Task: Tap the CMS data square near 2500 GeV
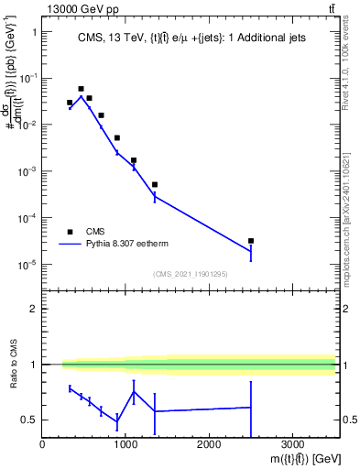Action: (251, 241)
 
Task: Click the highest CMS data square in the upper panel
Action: (81, 89)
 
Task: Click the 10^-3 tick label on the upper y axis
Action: (26, 171)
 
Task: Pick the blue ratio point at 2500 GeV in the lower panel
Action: (251, 408)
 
